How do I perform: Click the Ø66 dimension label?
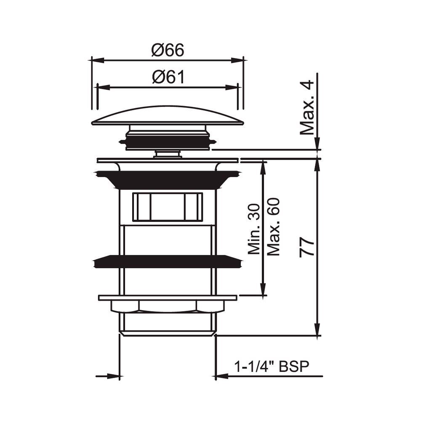pyautogui.click(x=168, y=51)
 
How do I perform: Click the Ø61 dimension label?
pyautogui.click(x=168, y=77)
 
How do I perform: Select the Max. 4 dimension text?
pyautogui.click(x=308, y=107)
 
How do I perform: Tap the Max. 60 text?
pyautogui.click(x=274, y=227)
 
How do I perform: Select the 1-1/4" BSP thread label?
pyautogui.click(x=272, y=367)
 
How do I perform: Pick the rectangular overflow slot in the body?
pyautogui.click(x=168, y=207)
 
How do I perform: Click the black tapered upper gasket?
pyautogui.click(x=168, y=179)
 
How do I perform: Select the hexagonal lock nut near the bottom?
pyautogui.click(x=168, y=306)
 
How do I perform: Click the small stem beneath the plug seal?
pyautogui.click(x=168, y=154)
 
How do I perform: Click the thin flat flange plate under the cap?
pyautogui.click(x=168, y=160)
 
